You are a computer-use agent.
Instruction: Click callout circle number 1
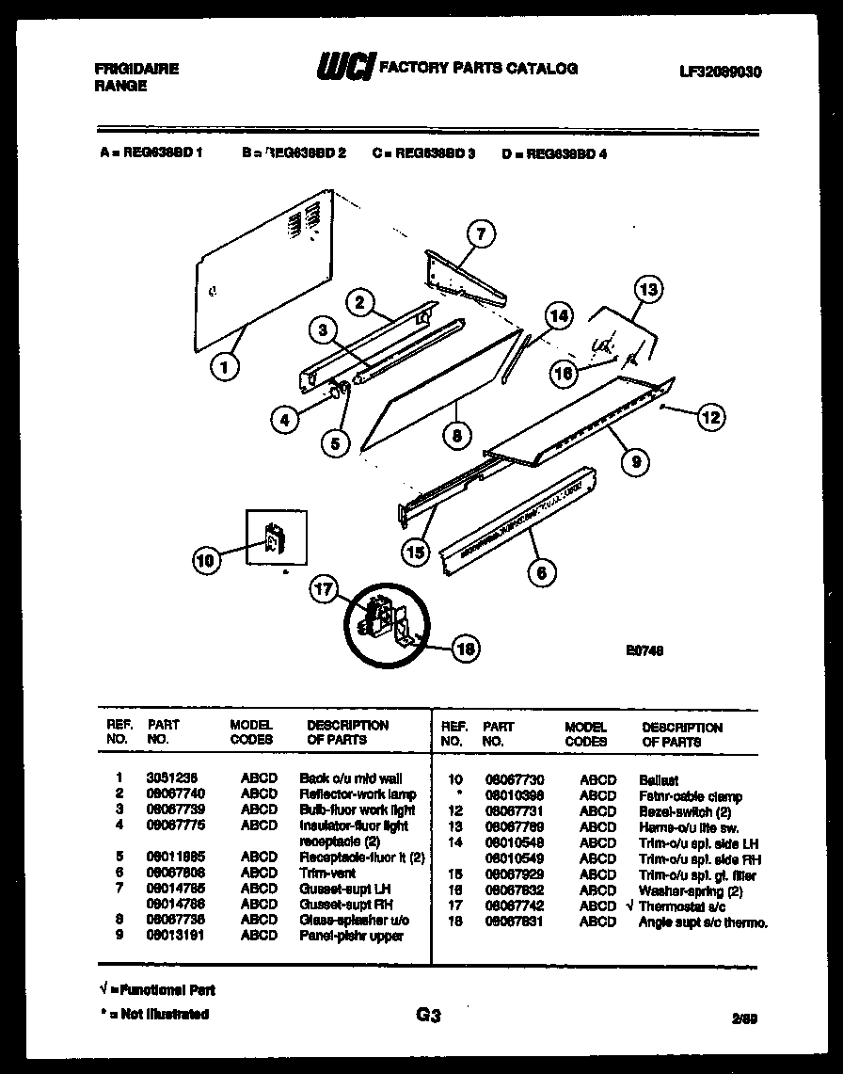click(x=224, y=366)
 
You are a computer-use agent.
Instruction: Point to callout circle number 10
click(x=205, y=562)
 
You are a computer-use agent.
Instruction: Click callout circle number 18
click(x=464, y=648)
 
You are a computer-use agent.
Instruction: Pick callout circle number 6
click(x=541, y=570)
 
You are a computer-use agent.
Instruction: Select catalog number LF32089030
click(x=720, y=72)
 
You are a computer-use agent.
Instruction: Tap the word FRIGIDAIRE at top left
click(x=137, y=69)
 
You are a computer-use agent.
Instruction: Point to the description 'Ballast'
click(x=659, y=780)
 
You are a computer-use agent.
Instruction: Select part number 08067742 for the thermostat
click(x=514, y=906)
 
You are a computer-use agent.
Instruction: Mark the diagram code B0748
click(x=644, y=648)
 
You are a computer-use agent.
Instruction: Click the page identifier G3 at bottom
click(x=427, y=1015)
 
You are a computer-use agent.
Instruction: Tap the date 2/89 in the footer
click(x=742, y=1018)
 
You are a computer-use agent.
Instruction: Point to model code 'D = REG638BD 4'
click(x=554, y=153)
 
